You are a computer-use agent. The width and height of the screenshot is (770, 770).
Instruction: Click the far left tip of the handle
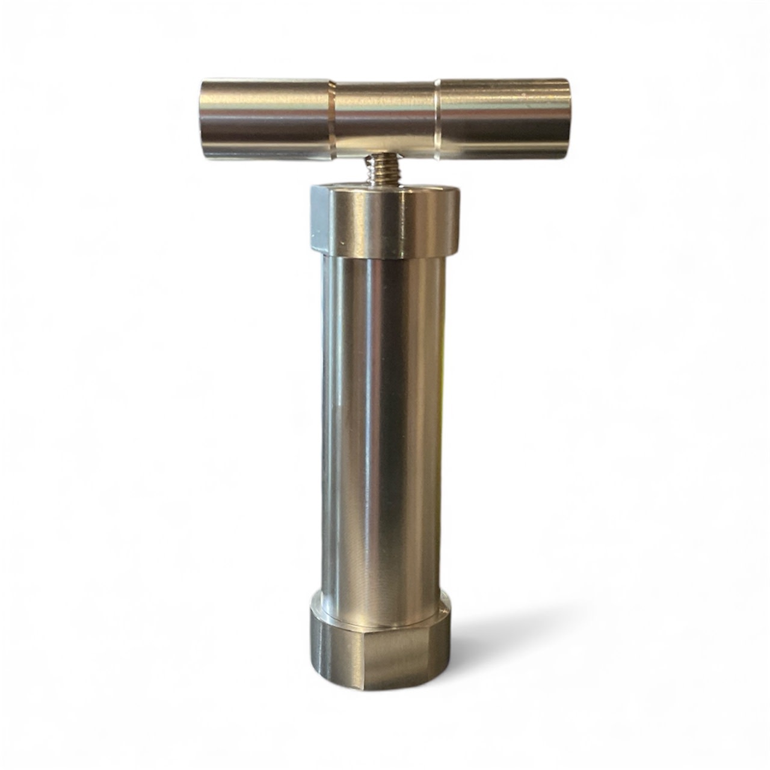(201, 126)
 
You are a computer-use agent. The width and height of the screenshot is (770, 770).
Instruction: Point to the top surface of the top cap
(391, 188)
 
